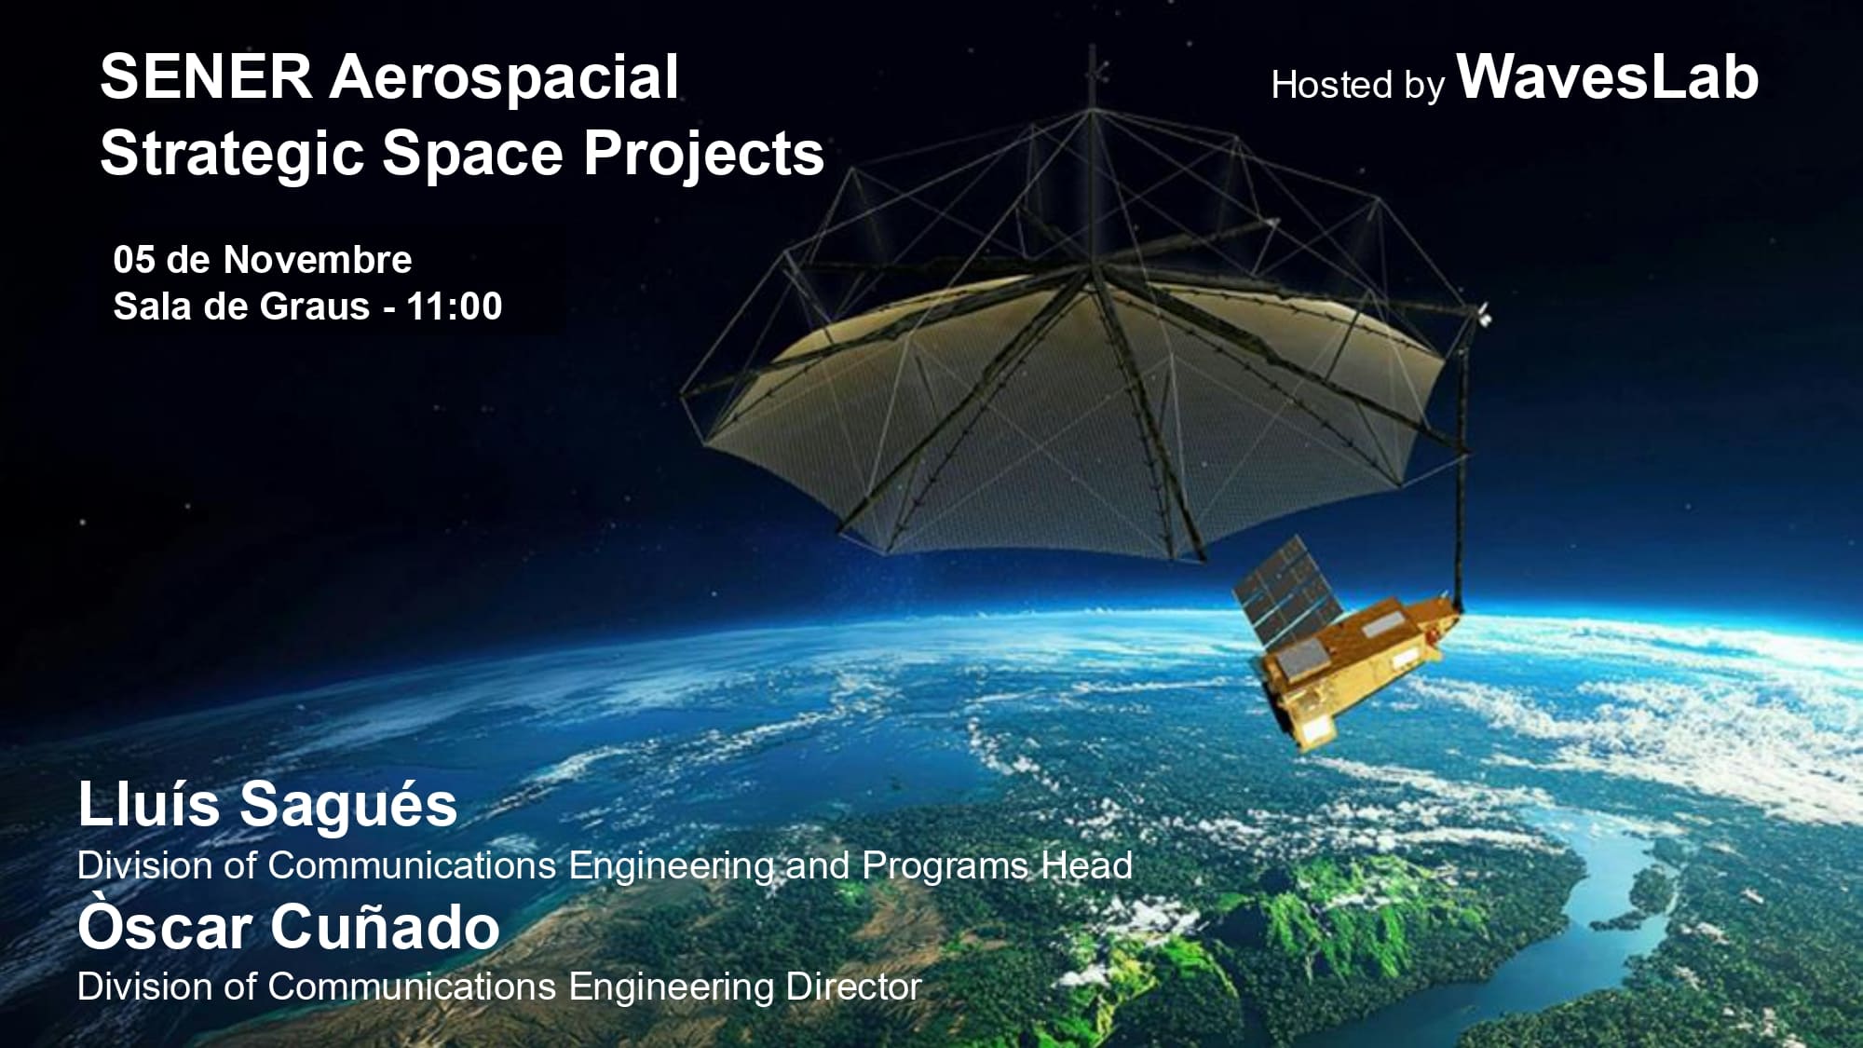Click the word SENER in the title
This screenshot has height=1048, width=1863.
(206, 76)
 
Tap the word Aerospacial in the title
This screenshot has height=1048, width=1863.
(504, 78)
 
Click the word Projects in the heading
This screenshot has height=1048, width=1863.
(703, 154)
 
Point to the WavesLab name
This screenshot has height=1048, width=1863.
(1608, 76)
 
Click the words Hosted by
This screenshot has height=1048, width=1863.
(1358, 86)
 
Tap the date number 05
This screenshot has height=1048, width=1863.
(134, 260)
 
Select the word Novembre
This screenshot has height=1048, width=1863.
(318, 260)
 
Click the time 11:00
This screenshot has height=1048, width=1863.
(455, 306)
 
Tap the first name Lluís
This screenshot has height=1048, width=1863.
(149, 804)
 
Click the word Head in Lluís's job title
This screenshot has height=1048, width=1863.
(1086, 866)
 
